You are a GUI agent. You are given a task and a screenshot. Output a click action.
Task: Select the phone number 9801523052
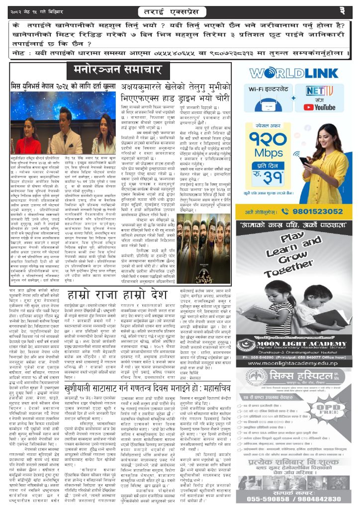pyautogui.click(x=311, y=197)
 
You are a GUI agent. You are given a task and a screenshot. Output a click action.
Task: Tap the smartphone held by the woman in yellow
pyautogui.click(x=303, y=161)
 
